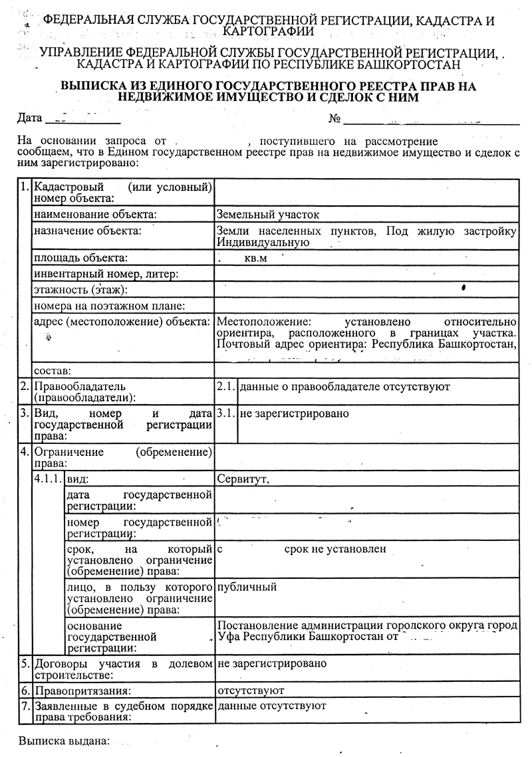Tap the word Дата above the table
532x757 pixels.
(29, 120)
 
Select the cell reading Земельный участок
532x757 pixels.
(268, 215)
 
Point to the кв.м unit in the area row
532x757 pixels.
(255, 258)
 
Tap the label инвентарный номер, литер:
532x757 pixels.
(106, 274)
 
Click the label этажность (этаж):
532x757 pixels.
(80, 290)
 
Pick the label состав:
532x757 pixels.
(53, 370)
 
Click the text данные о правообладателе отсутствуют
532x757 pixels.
(344, 386)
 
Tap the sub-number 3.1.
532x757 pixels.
(226, 413)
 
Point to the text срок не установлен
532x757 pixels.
(335, 550)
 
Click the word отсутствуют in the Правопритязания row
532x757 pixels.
(251, 691)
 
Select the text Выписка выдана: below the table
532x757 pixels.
(64, 740)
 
